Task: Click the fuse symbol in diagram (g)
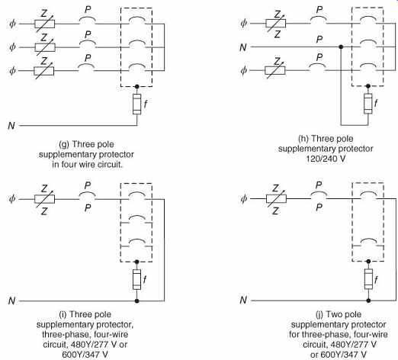(x=137, y=104)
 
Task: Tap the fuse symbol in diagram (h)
(x=368, y=103)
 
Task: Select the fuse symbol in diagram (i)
(x=137, y=279)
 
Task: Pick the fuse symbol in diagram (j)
(x=368, y=279)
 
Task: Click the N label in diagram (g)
(x=11, y=126)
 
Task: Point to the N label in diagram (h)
(x=243, y=47)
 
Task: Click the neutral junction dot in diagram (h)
(x=341, y=47)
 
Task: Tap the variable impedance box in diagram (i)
(x=44, y=199)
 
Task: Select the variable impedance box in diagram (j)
(x=276, y=198)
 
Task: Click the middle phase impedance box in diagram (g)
(x=45, y=47)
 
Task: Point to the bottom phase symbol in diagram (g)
(x=12, y=71)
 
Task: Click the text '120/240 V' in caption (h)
(x=326, y=159)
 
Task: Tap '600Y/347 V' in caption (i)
(x=85, y=355)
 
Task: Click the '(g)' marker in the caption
(x=64, y=144)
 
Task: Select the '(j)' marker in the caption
(x=319, y=314)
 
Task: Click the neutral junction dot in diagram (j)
(x=368, y=301)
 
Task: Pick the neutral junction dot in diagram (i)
(x=137, y=301)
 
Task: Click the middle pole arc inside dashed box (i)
(x=137, y=217)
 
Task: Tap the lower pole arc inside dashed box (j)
(x=368, y=240)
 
